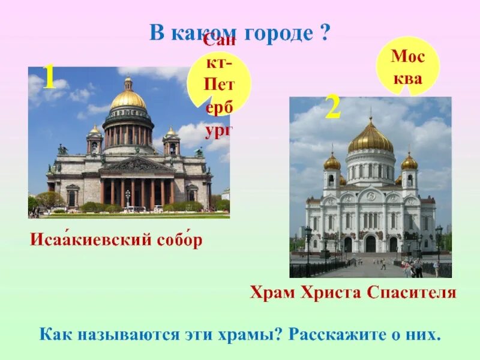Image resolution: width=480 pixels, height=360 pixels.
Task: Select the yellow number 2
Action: pos(333,109)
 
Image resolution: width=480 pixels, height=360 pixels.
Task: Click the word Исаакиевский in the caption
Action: pos(89,241)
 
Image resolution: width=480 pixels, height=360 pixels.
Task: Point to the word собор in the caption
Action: pos(178,241)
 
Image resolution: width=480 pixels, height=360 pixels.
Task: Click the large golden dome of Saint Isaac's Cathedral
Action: pos(128,98)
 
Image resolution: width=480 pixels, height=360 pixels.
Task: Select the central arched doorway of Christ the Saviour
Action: pos(371,244)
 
